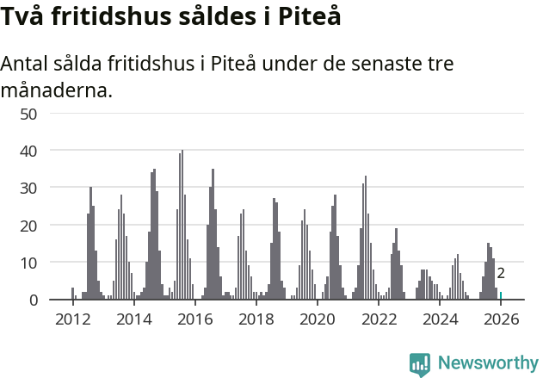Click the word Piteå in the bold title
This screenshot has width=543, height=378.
coord(306,16)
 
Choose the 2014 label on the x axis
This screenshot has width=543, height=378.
coord(133,319)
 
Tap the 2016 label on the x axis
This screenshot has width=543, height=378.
coord(194,319)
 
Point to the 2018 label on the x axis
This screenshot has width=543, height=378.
coord(256,319)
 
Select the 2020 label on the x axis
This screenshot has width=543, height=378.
coord(317,319)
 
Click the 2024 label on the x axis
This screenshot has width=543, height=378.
coord(440,319)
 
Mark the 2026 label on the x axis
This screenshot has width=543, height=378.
coord(501,319)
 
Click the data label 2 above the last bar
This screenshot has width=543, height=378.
coord(501,274)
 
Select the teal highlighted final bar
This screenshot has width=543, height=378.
coord(501,295)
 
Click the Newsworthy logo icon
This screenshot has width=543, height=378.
coord(420,364)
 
